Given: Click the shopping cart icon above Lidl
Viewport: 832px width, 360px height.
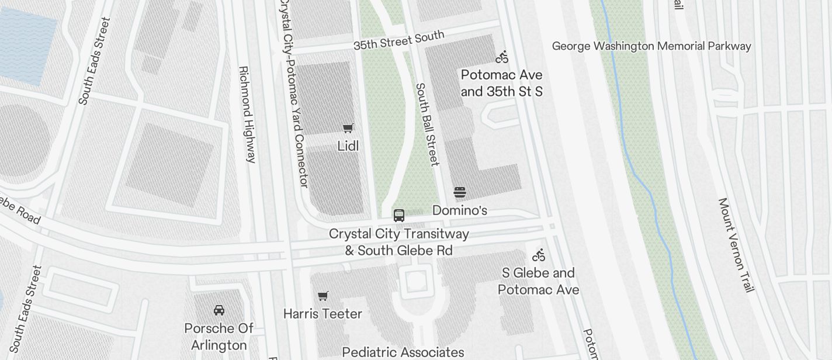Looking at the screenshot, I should point(348,128).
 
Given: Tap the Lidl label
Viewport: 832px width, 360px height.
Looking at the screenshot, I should point(348,146).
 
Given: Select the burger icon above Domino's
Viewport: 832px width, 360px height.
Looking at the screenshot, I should point(460,192).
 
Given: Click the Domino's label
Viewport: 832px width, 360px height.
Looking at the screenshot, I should point(460,210).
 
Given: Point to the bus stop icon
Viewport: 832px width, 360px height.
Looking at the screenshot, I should point(399,216).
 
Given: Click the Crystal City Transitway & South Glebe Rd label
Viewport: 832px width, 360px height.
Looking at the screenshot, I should point(399,242).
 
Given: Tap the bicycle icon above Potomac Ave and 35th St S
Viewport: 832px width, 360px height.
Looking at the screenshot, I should point(502,57).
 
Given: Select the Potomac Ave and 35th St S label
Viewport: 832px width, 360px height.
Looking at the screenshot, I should point(502,83).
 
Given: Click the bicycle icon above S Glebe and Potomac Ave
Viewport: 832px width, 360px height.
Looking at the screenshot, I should point(539,255).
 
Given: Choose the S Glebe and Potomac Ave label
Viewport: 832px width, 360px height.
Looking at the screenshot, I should point(539,281).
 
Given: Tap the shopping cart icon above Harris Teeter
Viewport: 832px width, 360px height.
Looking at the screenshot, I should point(323,296).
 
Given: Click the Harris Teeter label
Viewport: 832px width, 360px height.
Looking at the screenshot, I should point(323,314).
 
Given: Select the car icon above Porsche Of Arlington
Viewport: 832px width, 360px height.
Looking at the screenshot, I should point(219,310).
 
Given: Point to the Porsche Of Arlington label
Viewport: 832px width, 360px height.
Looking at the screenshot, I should point(219,337).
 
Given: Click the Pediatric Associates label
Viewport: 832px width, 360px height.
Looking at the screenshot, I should point(403,352).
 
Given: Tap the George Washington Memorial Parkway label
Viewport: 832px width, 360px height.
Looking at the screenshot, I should point(651,46).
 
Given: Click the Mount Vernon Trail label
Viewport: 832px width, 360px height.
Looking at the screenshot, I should point(737,245).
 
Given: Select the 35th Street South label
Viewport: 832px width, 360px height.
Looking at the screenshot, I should point(399,40).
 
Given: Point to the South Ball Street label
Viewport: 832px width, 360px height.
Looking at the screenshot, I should point(427,124).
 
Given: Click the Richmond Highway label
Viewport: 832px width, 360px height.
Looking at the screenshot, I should point(248,114).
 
